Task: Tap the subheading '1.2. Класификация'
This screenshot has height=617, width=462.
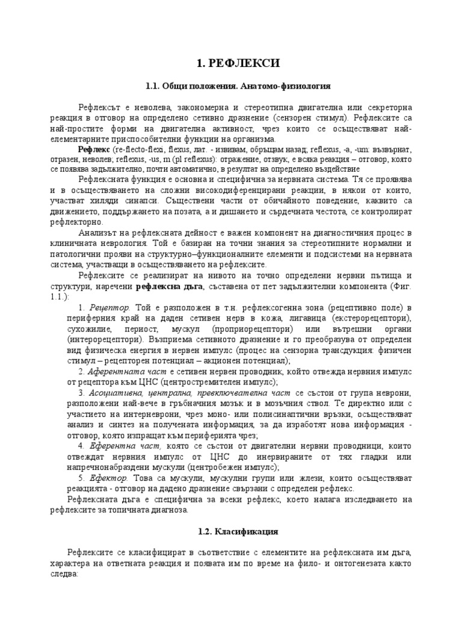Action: click(x=230, y=532)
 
